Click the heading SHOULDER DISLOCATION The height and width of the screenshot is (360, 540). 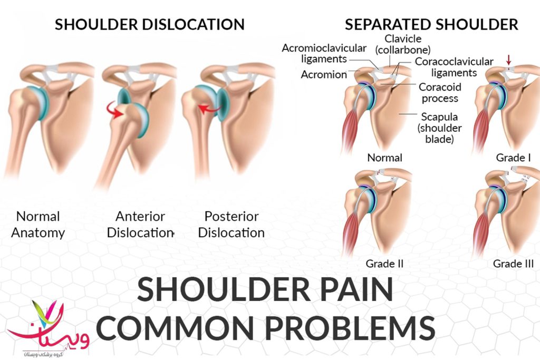[150, 24]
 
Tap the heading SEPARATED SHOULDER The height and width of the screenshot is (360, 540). [431, 24]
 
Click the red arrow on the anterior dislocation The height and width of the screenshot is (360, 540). [115, 110]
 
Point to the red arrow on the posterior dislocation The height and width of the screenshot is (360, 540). [210, 109]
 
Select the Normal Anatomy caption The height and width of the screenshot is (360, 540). [38, 225]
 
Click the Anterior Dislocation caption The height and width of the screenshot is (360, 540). [140, 225]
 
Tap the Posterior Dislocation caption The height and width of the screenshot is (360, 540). [232, 225]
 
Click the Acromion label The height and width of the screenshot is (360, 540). [324, 74]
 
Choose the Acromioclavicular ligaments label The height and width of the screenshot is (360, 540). [324, 53]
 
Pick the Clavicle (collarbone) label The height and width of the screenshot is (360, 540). [403, 44]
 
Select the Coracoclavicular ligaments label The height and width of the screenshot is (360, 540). [454, 67]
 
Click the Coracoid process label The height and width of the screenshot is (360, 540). [440, 93]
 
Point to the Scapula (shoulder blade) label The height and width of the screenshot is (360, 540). [439, 128]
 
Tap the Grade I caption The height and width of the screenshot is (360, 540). [513, 158]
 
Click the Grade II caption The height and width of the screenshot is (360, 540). [384, 264]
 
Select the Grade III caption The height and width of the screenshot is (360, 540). [513, 264]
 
